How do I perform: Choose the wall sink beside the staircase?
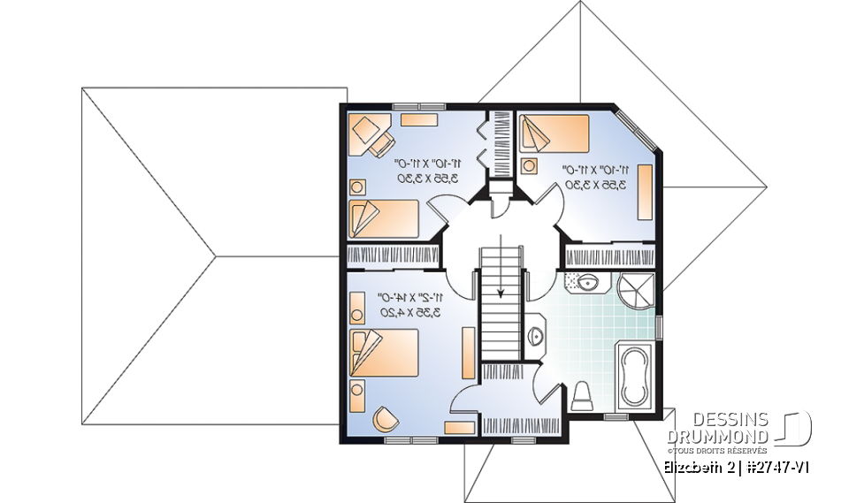[x=537, y=335]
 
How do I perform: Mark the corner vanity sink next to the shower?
[x=584, y=283]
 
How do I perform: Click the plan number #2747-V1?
[x=776, y=467]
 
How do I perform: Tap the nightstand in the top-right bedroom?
[x=530, y=165]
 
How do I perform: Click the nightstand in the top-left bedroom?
[x=358, y=187]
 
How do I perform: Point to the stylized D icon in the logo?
[x=797, y=427]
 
